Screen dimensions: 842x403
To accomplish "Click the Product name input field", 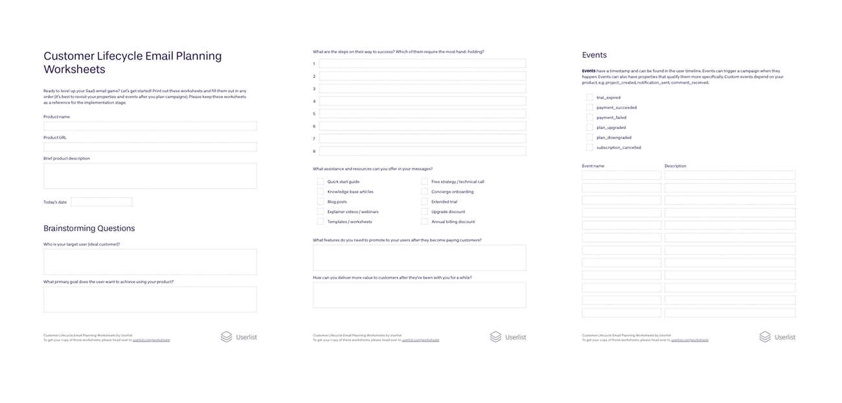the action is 150,126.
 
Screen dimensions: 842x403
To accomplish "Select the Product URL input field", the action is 150,146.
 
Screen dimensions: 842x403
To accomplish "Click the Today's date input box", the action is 101,202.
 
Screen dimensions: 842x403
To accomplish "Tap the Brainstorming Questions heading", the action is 89,228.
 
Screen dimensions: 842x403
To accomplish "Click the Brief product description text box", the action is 150,176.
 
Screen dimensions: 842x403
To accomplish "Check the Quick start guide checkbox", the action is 321,182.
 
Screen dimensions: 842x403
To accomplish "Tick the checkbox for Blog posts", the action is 321,201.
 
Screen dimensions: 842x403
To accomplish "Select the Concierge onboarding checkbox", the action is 425,192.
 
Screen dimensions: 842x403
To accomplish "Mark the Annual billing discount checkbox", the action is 425,222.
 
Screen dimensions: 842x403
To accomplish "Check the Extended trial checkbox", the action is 425,201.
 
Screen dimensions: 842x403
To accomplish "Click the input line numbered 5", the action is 422,113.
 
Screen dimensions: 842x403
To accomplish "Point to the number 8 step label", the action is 314,151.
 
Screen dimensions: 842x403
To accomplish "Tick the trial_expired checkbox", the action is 589,98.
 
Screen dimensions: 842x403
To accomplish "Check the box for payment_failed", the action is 589,117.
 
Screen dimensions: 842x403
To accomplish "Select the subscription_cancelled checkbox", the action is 589,148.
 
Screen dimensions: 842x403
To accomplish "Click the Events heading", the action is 594,55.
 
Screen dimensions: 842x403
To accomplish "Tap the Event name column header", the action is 593,166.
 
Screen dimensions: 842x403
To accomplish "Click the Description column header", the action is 675,166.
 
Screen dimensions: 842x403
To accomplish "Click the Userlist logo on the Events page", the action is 777,337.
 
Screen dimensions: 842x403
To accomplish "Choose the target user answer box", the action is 150,262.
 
